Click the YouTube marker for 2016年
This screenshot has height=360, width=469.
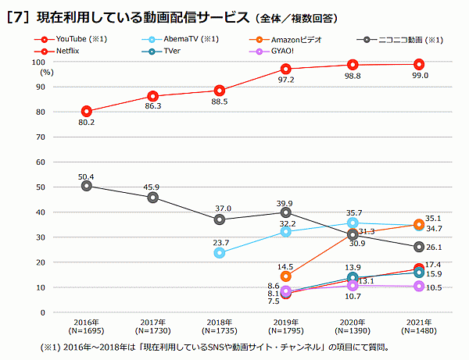click(86, 111)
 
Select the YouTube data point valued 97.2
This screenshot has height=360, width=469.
click(286, 69)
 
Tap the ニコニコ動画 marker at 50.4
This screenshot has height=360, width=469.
click(86, 186)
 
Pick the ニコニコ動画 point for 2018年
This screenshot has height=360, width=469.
click(220, 219)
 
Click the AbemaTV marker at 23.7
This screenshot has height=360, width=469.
click(220, 253)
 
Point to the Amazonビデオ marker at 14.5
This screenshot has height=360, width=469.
click(286, 276)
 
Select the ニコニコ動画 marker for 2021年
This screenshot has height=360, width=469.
click(419, 247)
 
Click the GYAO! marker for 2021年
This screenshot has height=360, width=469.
click(419, 286)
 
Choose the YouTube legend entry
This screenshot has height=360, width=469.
click(74, 38)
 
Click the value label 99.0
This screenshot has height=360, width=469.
click(421, 76)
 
